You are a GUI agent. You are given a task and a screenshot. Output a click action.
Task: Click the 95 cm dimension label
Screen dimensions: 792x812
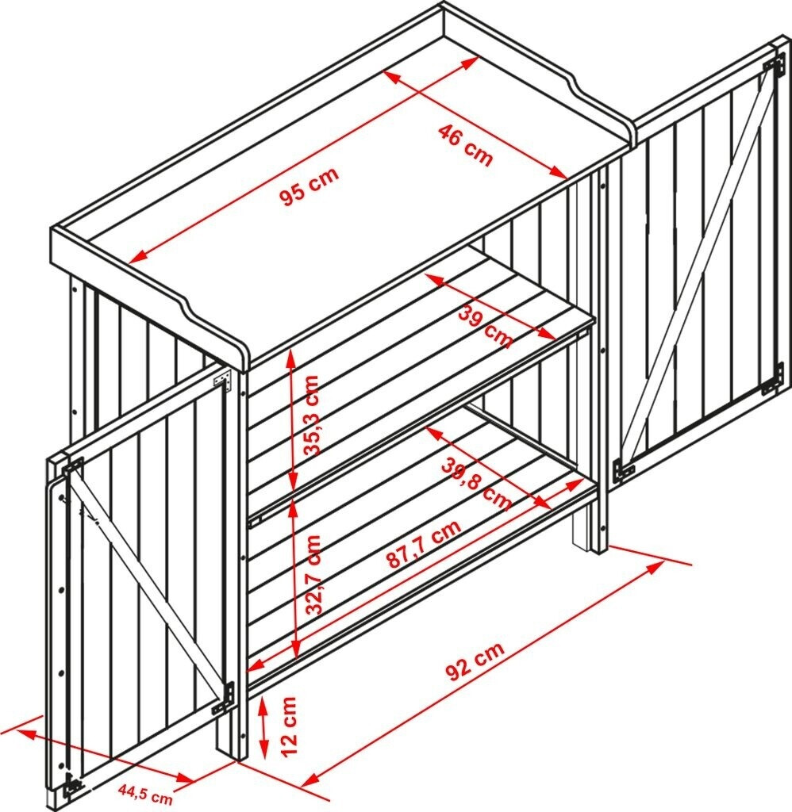309,186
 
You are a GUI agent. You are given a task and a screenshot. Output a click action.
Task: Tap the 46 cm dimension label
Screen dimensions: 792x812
466,146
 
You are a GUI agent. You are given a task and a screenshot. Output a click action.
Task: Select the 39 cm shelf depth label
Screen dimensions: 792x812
485,326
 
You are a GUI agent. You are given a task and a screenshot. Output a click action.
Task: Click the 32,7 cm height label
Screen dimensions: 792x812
313,575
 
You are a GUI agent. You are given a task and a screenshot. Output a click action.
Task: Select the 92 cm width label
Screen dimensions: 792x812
475,661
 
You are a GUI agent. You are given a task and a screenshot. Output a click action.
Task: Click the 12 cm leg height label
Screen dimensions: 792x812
289,726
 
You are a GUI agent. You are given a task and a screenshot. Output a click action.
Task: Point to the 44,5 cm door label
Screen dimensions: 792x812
145,794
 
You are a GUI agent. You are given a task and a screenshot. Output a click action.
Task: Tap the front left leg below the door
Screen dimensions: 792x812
226,735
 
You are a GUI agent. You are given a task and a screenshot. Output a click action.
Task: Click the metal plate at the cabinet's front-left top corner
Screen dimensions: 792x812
224,380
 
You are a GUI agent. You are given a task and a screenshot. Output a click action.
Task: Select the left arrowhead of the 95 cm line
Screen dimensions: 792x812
135,257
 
